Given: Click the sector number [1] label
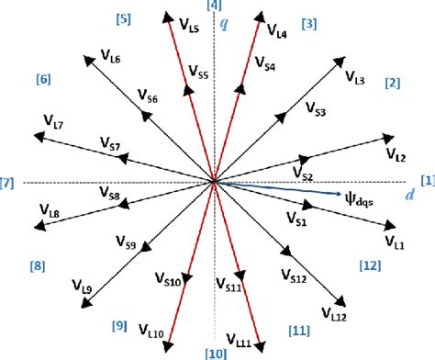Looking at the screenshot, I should click(427, 180).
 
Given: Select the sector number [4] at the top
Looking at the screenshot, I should click(215, 6).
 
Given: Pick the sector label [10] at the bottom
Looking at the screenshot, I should click(215, 353).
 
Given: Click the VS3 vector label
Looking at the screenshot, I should click(313, 112).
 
